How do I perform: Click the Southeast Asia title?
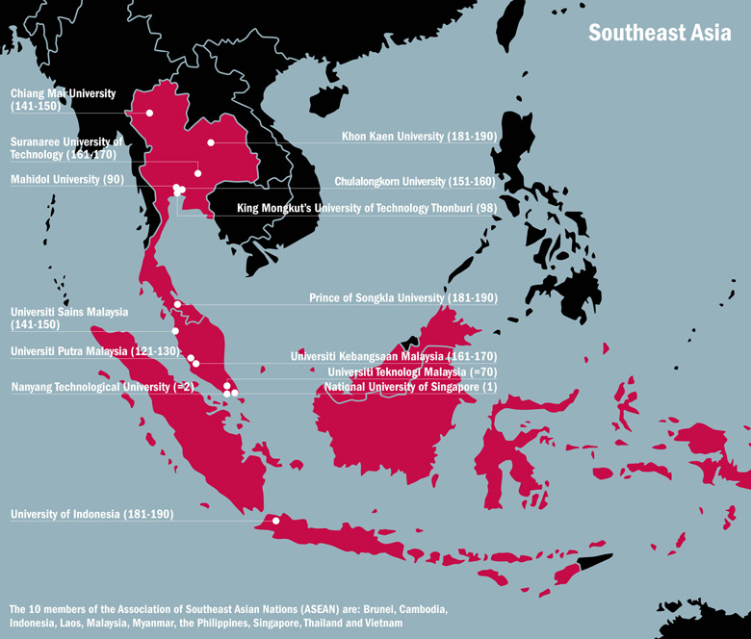click(x=660, y=33)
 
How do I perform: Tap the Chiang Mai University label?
click(x=63, y=100)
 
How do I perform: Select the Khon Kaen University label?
click(x=419, y=138)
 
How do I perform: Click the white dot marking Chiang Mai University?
click(x=150, y=113)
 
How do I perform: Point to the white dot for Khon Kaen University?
click(x=211, y=142)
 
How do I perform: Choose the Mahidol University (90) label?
click(x=66, y=179)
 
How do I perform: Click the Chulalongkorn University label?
click(x=414, y=181)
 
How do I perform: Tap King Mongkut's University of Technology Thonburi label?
click(x=366, y=208)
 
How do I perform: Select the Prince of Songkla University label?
click(x=402, y=298)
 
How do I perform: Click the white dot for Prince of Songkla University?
click(x=178, y=304)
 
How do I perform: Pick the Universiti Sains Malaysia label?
click(x=68, y=319)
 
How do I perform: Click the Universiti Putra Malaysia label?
click(x=94, y=351)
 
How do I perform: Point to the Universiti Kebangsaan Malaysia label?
click(x=393, y=357)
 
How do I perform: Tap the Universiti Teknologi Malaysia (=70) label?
click(x=412, y=372)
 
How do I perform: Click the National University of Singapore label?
click(x=410, y=387)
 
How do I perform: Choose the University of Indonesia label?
click(x=91, y=515)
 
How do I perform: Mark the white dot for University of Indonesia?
click(x=276, y=521)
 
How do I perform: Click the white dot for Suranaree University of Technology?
click(x=197, y=173)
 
